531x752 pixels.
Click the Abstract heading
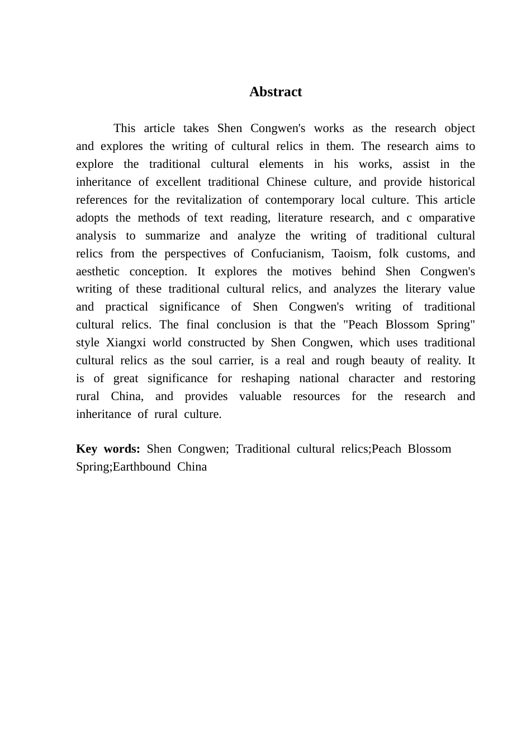[x=275, y=92]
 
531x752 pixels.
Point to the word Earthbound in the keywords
[x=141, y=467]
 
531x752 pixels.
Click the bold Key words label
[x=108, y=449]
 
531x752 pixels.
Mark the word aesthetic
[x=98, y=271]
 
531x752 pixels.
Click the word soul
[x=202, y=360]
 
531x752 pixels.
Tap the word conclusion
[x=244, y=325]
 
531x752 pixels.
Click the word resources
[x=316, y=396]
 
